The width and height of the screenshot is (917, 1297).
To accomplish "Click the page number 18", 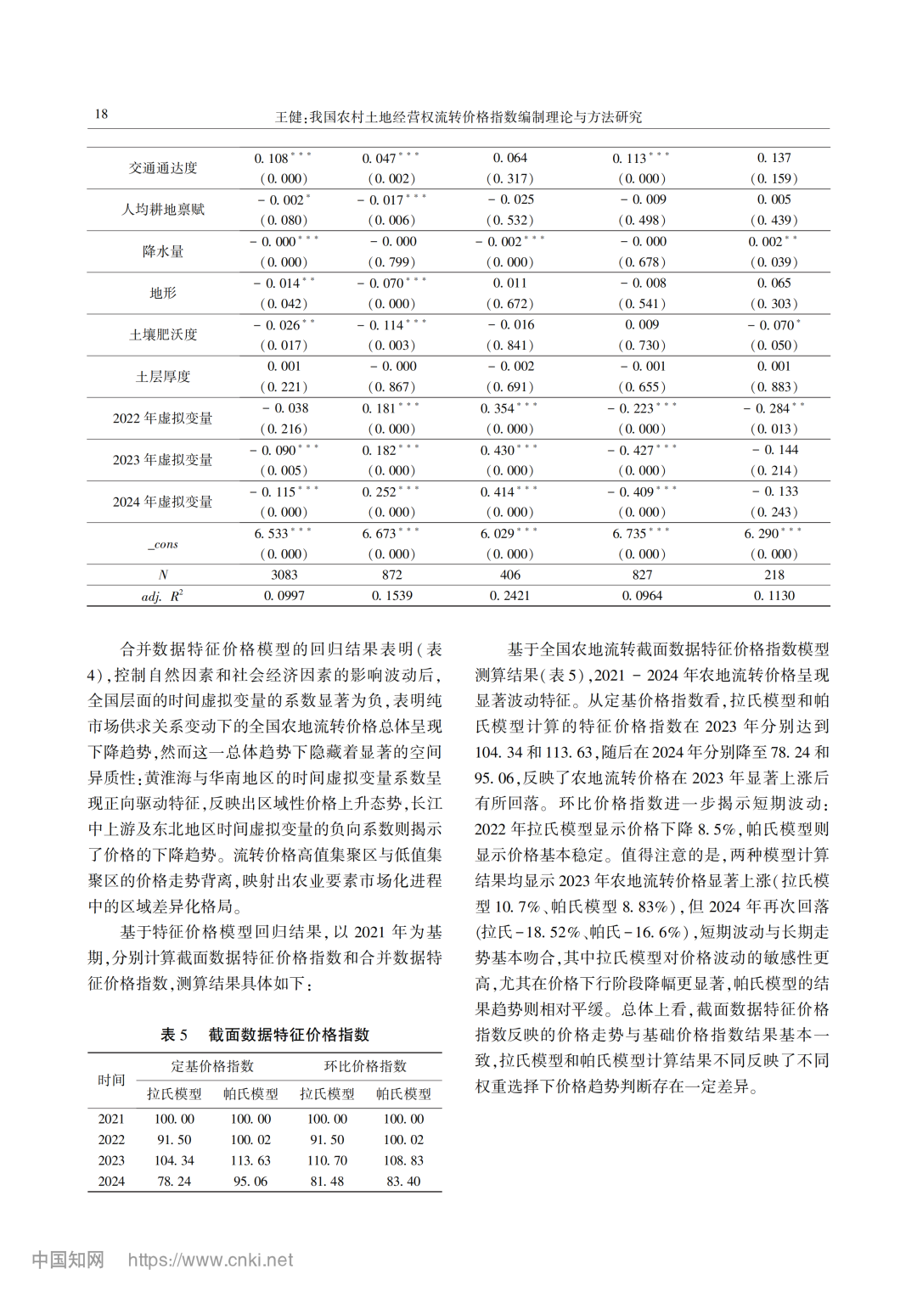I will click(x=101, y=115).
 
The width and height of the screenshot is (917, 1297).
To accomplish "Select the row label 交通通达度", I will click(x=163, y=168).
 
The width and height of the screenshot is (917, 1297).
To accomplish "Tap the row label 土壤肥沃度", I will click(x=163, y=334).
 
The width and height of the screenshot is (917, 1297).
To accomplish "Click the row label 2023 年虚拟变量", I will click(x=163, y=460).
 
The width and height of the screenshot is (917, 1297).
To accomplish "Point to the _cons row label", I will click(x=163, y=544).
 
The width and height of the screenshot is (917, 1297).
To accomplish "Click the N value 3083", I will click(x=284, y=575).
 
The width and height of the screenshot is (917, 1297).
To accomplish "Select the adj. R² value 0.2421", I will click(x=509, y=596).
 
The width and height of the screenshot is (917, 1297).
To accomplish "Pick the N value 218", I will click(x=774, y=575).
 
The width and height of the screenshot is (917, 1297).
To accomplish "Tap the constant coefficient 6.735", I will click(x=633, y=534).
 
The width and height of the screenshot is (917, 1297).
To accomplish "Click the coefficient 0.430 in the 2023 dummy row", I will click(x=500, y=450).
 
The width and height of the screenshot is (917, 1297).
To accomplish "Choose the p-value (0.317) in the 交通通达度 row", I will click(x=509, y=178).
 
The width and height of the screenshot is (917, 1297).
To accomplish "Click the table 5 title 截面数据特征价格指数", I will click(x=289, y=1035).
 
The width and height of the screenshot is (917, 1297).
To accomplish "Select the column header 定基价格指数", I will click(x=212, y=1066).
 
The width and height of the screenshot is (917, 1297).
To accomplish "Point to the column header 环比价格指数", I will click(x=365, y=1066).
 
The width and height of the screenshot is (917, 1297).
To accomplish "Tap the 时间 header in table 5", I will click(x=111, y=1080).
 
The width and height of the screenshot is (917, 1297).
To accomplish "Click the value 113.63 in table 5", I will click(x=250, y=1160).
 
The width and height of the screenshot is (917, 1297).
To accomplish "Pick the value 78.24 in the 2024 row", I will click(x=174, y=1182).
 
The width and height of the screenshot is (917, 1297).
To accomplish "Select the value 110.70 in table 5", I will click(x=327, y=1160).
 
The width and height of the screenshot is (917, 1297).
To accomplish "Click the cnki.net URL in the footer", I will click(x=211, y=1260).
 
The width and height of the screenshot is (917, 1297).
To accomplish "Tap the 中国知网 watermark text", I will click(x=68, y=1260).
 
